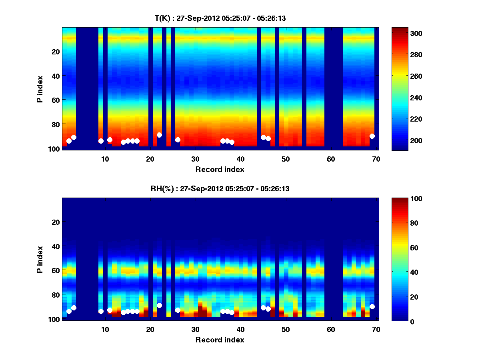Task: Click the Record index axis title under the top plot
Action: click(220, 169)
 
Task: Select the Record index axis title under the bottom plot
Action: click(220, 340)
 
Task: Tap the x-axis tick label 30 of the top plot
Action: click(195, 158)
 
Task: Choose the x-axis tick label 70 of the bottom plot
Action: click(376, 329)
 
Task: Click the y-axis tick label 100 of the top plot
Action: click(54, 149)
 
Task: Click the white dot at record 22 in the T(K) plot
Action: click(159, 135)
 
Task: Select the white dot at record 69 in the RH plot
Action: click(372, 306)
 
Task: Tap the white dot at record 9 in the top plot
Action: click(101, 141)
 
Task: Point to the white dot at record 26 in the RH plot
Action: click(178, 310)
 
